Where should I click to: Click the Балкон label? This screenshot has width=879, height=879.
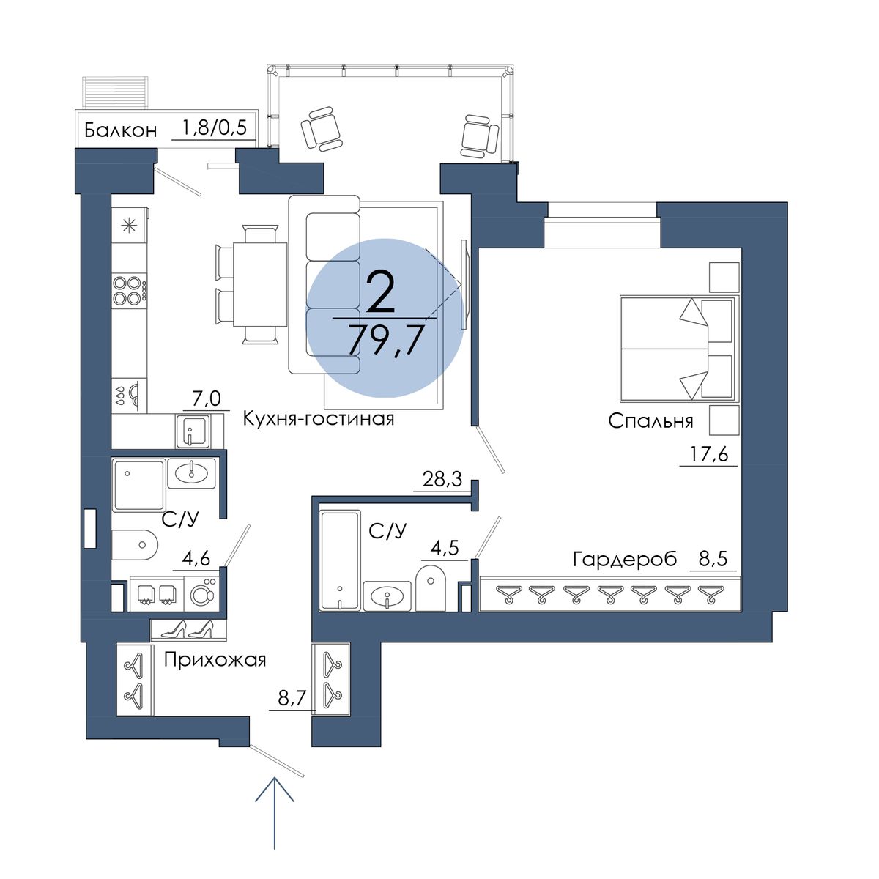(120, 131)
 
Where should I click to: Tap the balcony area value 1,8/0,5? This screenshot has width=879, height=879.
(214, 127)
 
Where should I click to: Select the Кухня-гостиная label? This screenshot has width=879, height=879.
(319, 418)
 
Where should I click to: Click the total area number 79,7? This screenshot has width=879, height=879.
(384, 340)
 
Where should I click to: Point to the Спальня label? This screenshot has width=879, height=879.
(650, 421)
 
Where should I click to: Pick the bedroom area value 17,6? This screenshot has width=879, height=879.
(708, 454)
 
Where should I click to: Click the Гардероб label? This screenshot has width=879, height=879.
(625, 559)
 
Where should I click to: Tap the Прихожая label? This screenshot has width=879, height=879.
(215, 660)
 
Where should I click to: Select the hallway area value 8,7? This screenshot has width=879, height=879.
(292, 698)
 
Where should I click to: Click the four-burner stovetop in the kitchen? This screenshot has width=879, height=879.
(130, 291)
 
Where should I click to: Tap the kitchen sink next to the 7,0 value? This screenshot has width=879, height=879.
(193, 431)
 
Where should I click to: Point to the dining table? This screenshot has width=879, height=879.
(259, 284)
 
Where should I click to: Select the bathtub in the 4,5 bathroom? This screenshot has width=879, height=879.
(341, 560)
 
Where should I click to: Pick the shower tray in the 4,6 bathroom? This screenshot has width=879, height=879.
(138, 485)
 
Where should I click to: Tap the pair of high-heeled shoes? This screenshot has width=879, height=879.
(188, 629)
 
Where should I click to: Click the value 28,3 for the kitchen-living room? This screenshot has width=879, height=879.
(442, 479)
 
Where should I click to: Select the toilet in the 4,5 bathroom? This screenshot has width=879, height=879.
(431, 587)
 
